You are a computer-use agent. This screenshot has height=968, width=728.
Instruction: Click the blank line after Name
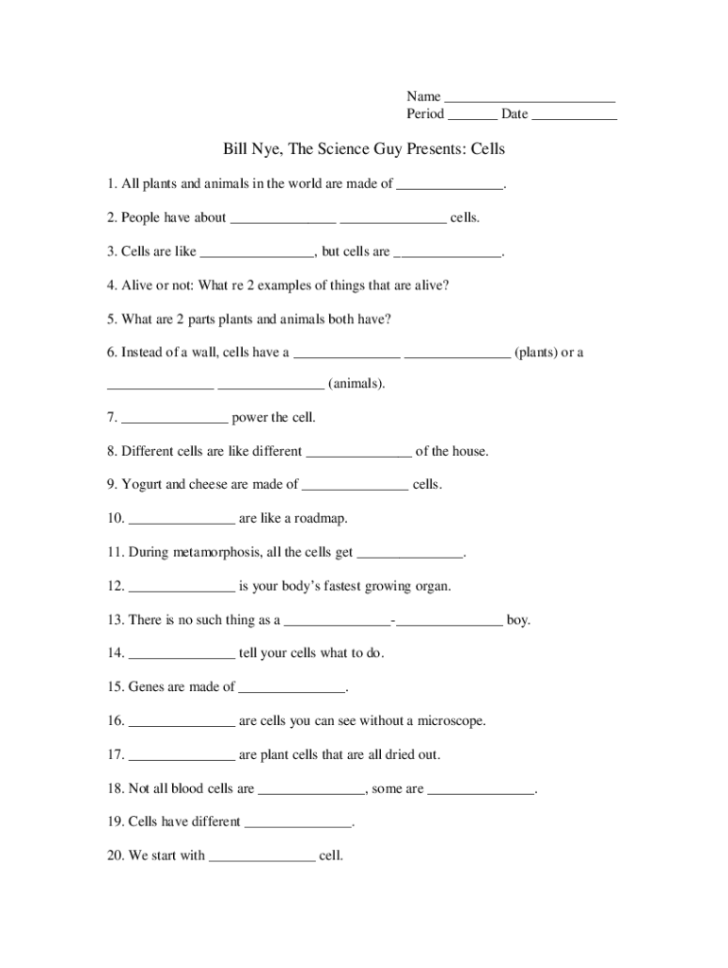click(x=529, y=99)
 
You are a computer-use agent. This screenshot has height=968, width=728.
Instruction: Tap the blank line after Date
click(x=574, y=118)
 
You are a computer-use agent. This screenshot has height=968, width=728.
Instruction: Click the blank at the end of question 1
click(x=449, y=187)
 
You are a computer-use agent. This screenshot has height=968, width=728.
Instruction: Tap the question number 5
click(x=113, y=320)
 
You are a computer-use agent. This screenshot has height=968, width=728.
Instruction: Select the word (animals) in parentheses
click(x=356, y=385)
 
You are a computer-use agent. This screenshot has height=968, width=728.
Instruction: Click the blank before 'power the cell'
click(x=175, y=421)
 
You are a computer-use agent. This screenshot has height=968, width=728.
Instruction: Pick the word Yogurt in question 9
click(x=142, y=485)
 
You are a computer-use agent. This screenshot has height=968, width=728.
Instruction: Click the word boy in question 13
click(x=518, y=621)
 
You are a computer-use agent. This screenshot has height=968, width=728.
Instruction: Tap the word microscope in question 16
click(x=444, y=721)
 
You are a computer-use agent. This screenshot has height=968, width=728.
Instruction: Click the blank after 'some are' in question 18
click(x=481, y=792)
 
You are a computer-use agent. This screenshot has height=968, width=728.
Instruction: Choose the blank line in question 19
click(x=298, y=825)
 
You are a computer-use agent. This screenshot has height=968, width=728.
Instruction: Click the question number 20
click(x=115, y=856)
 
